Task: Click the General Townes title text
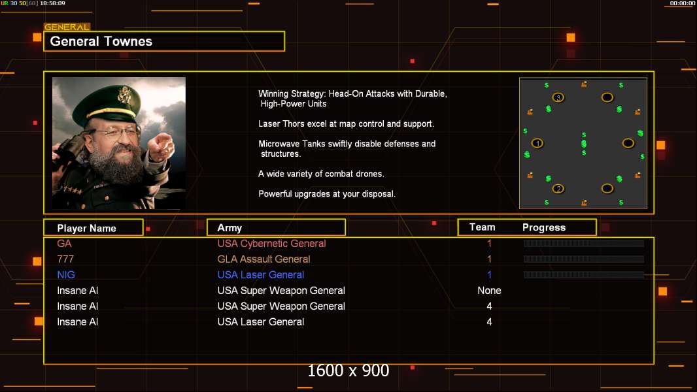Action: [101, 41]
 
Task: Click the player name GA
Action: [65, 243]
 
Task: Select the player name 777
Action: [65, 259]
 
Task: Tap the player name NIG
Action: [66, 275]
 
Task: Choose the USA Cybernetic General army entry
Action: [271, 243]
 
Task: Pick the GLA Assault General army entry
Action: [263, 259]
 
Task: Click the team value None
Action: [490, 290]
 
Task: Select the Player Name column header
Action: [87, 228]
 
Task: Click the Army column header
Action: [229, 228]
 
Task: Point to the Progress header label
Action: [544, 227]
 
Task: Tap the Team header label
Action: [483, 227]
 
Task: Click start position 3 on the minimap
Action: [558, 97]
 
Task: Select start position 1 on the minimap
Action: [537, 143]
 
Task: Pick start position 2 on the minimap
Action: [558, 189]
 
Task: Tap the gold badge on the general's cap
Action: [124, 95]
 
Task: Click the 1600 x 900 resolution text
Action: [348, 370]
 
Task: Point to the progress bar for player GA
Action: [584, 243]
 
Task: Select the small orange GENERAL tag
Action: [67, 27]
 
